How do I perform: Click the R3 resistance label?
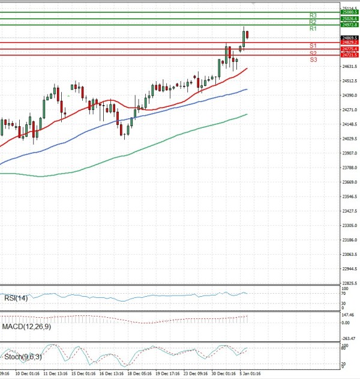click(x=313, y=15)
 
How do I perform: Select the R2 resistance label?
click(x=313, y=22)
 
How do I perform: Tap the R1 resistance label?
click(x=313, y=29)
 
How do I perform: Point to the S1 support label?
click(x=313, y=46)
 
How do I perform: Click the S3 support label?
click(x=313, y=59)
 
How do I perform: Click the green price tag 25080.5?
click(x=349, y=12)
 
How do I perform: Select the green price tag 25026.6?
click(x=349, y=19)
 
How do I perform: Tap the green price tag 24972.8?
click(x=349, y=25)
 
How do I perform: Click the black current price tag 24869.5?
click(x=349, y=38)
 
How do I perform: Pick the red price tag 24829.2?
click(x=349, y=42)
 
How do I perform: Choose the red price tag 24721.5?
click(x=349, y=55)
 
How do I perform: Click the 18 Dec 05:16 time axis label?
click(x=140, y=373)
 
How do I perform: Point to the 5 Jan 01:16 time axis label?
click(x=250, y=373)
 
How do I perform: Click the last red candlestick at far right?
click(x=247, y=35)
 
